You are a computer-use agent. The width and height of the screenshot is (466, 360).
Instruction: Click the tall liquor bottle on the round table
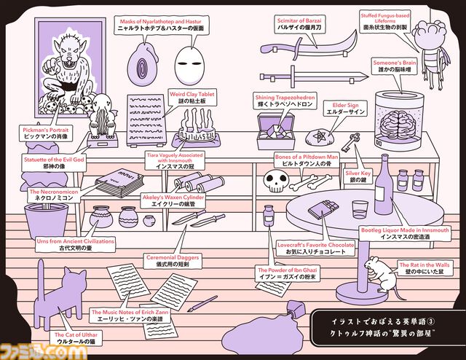(383, 190)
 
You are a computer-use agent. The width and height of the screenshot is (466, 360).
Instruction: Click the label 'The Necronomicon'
(50, 194)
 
